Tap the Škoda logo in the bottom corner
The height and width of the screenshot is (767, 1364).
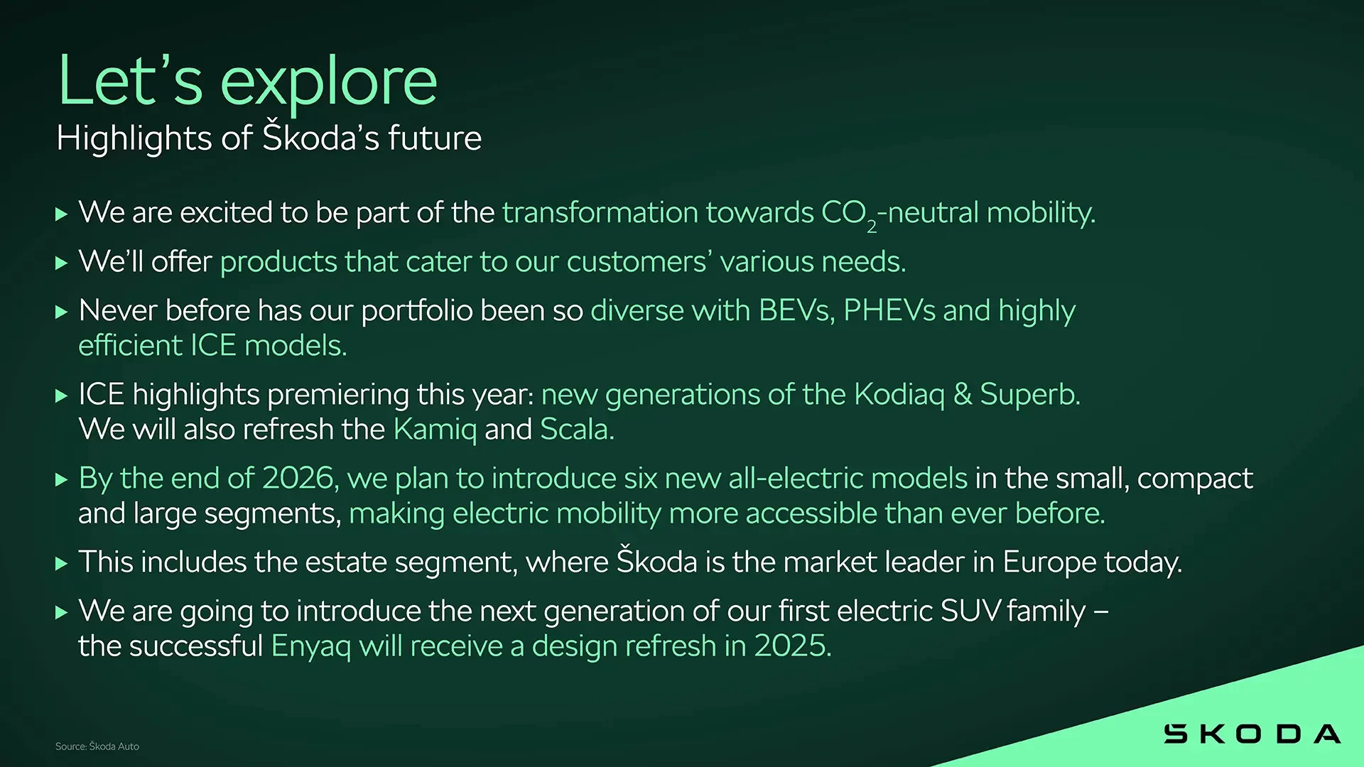coord(1252,734)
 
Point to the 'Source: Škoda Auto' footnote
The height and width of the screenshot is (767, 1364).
coord(97,746)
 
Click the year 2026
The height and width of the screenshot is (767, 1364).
coord(297,478)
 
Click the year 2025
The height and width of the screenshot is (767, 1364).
coord(789,646)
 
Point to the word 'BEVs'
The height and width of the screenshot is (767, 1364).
coord(794,310)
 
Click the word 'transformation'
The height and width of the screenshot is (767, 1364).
coord(600,212)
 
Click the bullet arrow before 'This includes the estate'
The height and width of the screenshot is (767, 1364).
coord(62,564)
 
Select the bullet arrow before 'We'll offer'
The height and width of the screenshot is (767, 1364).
coord(62,263)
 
